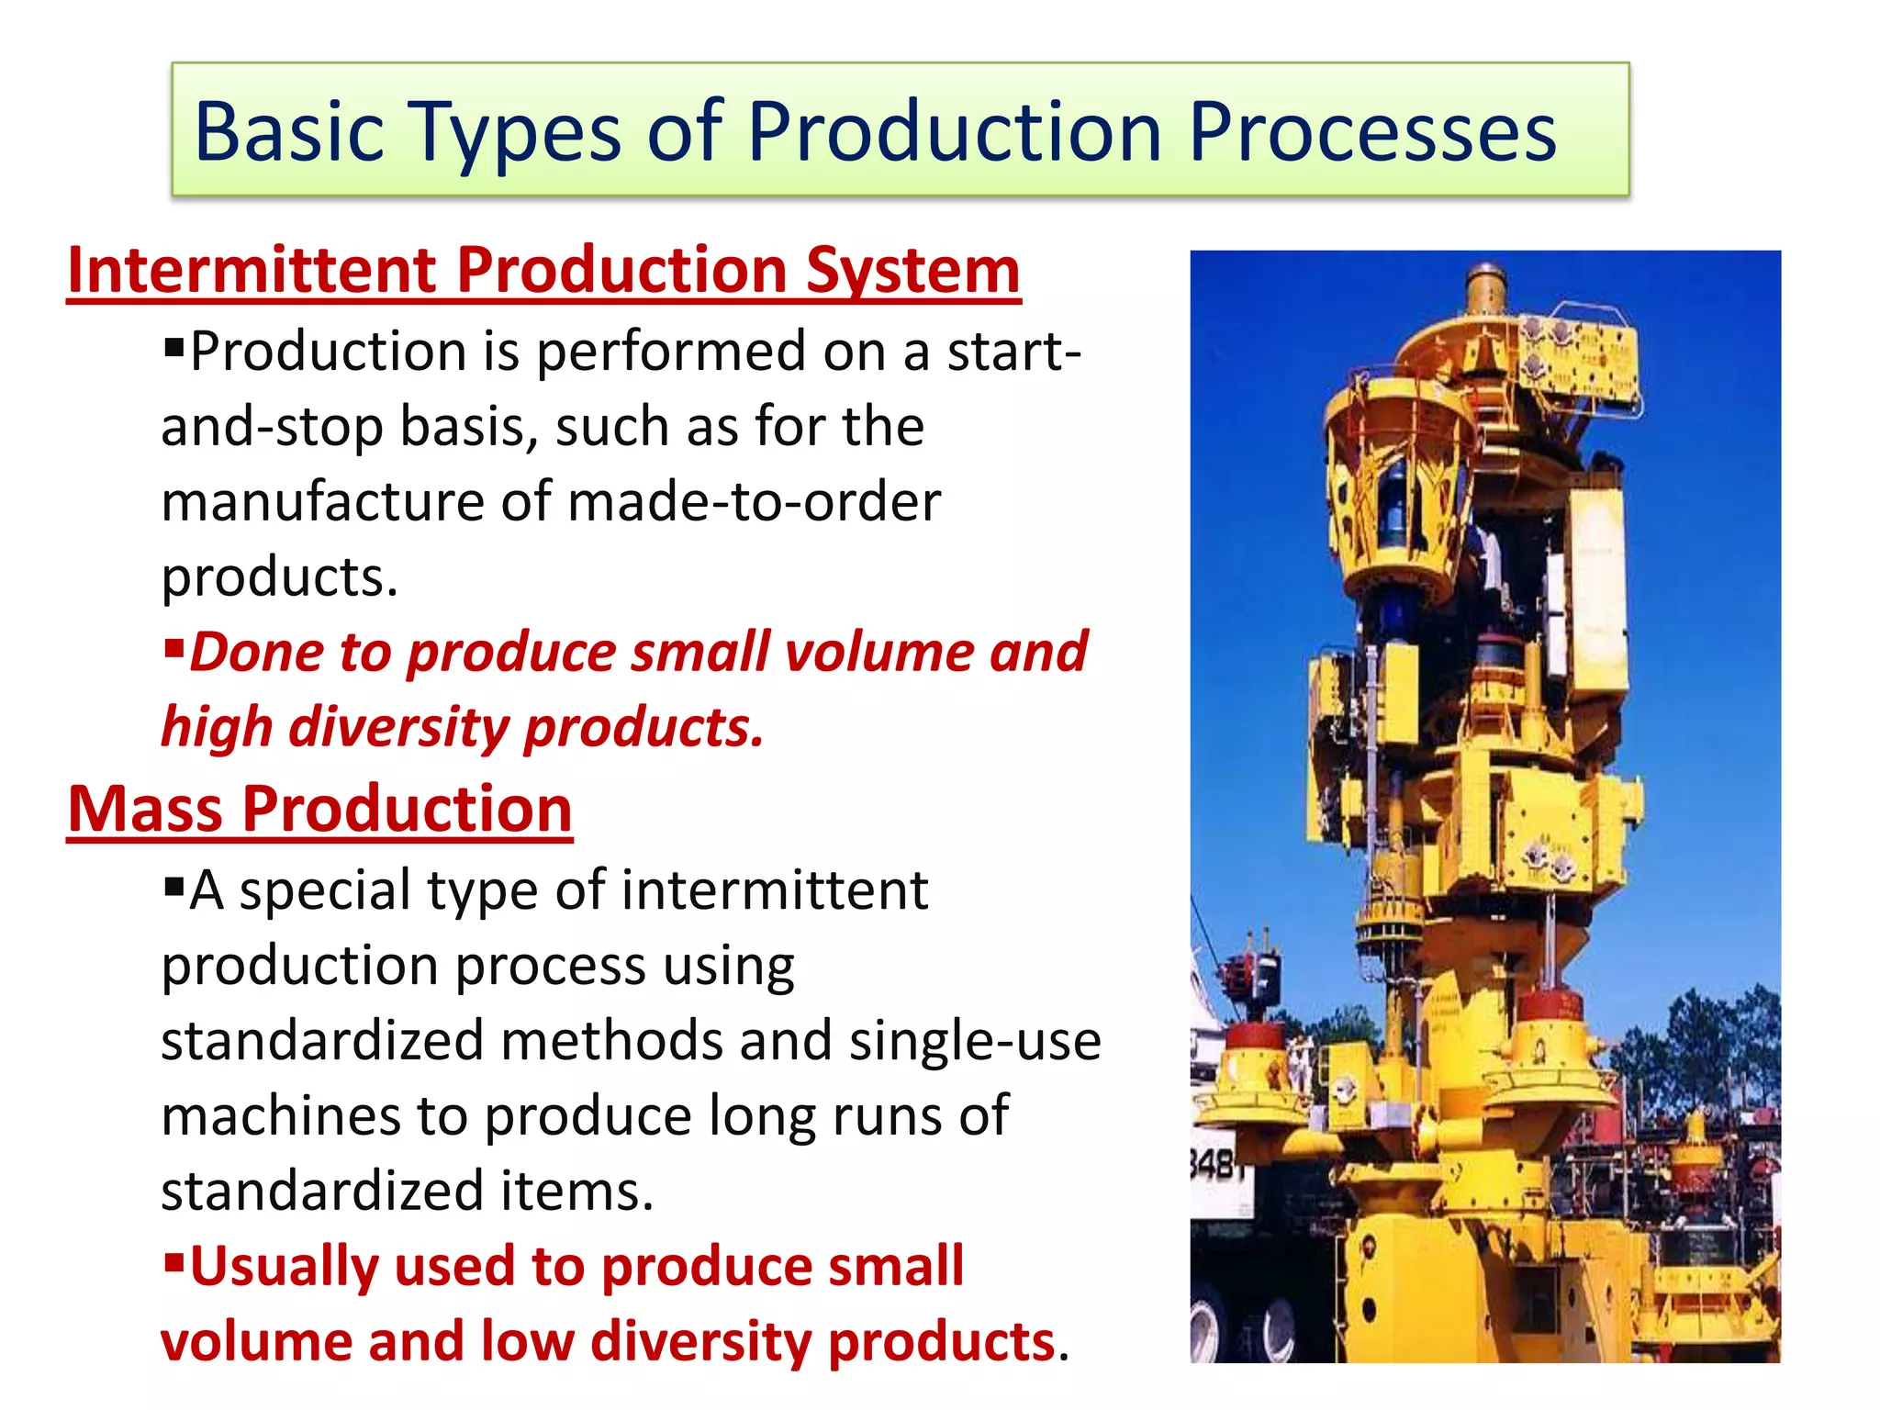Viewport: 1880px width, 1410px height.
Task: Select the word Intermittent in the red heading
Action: coord(252,271)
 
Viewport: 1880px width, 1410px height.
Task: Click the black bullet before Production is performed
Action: coord(174,348)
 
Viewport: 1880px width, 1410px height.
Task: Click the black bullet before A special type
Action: coord(174,887)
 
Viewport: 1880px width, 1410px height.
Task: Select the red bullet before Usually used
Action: coord(174,1260)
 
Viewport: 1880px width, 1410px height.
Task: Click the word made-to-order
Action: coord(754,502)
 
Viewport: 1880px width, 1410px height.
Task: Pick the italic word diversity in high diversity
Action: coord(398,728)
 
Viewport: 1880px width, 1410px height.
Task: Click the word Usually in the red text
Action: coord(285,1268)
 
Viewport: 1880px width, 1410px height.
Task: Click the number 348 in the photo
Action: coord(1216,1166)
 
